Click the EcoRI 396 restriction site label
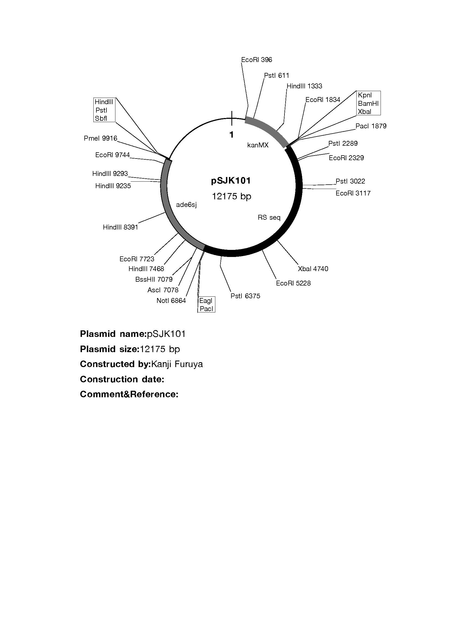[x=256, y=60]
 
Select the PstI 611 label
[x=276, y=75]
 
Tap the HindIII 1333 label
[x=304, y=86]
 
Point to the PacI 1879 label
[x=371, y=126]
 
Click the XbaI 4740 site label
[x=313, y=269]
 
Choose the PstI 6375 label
[x=245, y=296]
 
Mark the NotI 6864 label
[x=171, y=300]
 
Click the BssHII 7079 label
[x=154, y=280]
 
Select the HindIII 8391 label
[x=120, y=227]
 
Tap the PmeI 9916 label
[x=100, y=138]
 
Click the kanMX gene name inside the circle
[x=258, y=145]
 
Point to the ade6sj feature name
[x=186, y=205]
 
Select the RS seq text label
[x=269, y=218]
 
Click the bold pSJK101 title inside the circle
[x=231, y=181]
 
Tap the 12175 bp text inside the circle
[x=231, y=196]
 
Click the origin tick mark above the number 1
[x=232, y=118]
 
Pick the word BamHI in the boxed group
[x=368, y=103]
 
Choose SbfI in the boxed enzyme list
[x=101, y=118]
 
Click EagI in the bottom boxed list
[x=206, y=301]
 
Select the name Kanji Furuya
[x=177, y=364]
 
